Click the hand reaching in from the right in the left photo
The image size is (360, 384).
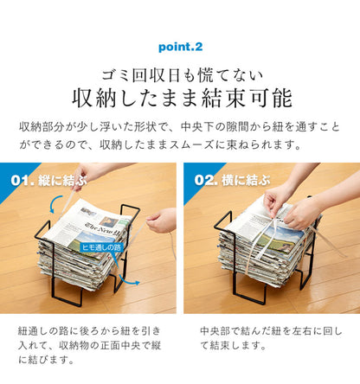click(161, 221)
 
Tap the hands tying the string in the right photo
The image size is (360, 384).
click(286, 208)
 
